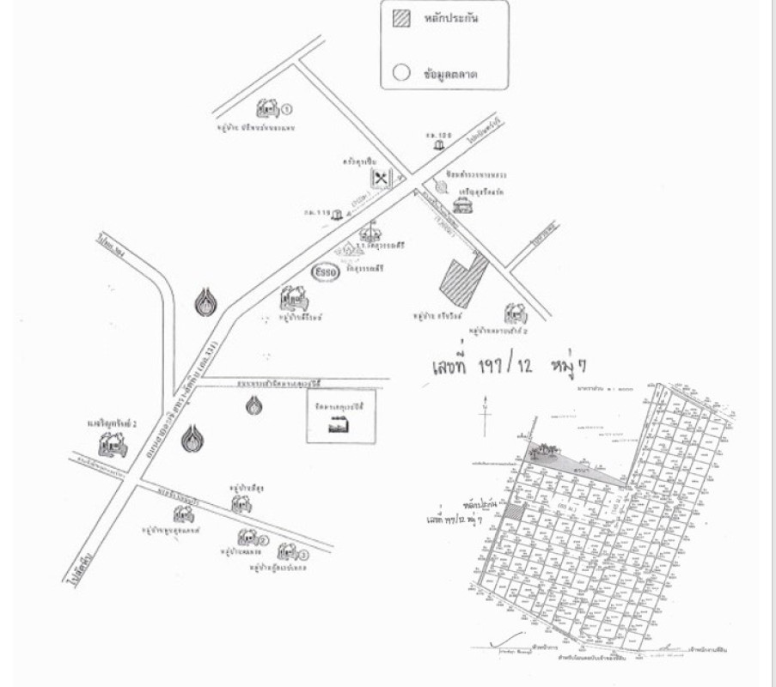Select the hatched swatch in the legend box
coord(400,18)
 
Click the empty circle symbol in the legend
coord(400,73)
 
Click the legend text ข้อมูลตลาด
coord(450,75)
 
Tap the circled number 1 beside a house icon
coord(287,110)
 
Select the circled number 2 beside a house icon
coord(264,540)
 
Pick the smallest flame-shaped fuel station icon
coord(253,404)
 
